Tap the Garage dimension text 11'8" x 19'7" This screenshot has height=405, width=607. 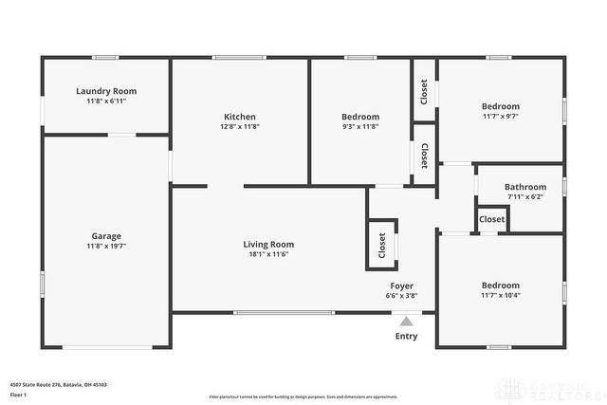[106, 246]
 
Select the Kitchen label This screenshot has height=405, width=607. [239, 117]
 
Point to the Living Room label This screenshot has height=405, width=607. [268, 244]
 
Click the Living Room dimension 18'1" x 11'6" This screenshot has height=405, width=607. [268, 253]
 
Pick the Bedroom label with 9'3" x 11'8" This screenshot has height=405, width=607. [360, 117]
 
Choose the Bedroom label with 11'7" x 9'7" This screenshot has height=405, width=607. [500, 106]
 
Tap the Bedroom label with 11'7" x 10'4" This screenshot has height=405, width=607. [500, 285]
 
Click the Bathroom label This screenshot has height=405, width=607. [524, 187]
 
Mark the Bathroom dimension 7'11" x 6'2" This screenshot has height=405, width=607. [524, 196]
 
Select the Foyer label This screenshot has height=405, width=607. [402, 285]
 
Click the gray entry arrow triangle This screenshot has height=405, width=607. [406, 322]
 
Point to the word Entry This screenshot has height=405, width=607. [406, 336]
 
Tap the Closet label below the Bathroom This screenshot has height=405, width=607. [491, 219]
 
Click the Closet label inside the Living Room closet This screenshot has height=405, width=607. [382, 246]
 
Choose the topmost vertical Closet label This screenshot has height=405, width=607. [424, 92]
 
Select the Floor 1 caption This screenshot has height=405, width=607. [19, 394]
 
